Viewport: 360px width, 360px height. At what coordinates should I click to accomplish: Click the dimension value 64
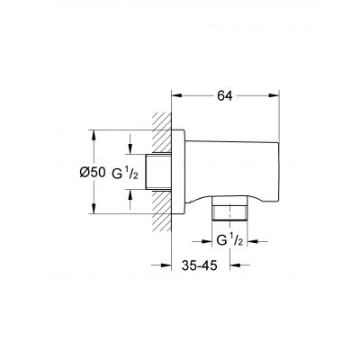pyautogui.click(x=223, y=78)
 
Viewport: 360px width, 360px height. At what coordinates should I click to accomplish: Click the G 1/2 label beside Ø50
pyautogui.click(x=128, y=173)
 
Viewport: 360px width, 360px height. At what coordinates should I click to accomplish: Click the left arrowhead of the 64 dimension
pyautogui.click(x=175, y=93)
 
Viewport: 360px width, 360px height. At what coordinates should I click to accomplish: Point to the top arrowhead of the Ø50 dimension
pyautogui.click(x=93, y=132)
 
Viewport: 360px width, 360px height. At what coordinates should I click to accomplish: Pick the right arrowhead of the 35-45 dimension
pyautogui.click(x=232, y=266)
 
